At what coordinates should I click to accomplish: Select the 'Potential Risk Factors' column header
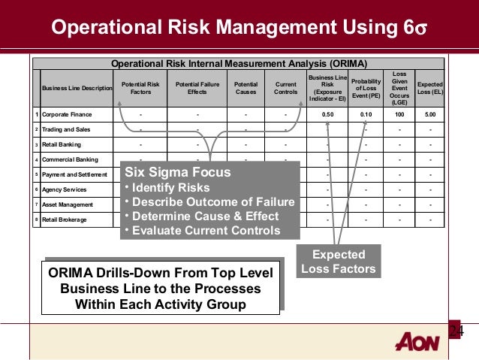click(x=140, y=89)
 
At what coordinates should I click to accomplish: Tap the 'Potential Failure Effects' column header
click(x=197, y=89)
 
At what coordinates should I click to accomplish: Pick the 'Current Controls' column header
click(x=286, y=89)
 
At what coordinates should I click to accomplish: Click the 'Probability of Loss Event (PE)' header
click(x=366, y=89)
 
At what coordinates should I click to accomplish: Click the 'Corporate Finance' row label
click(x=67, y=114)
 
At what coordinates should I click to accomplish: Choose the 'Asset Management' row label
click(x=68, y=204)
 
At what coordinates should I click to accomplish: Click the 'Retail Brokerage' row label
click(x=66, y=219)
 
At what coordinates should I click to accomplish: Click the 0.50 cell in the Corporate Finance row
click(x=327, y=114)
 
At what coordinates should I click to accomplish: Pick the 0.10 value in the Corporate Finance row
click(x=366, y=114)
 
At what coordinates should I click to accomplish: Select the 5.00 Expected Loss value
click(x=429, y=114)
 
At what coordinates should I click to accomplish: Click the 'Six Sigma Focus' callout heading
click(x=167, y=171)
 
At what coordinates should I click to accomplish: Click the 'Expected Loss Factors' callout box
click(x=338, y=261)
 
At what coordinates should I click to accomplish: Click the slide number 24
click(x=456, y=331)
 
